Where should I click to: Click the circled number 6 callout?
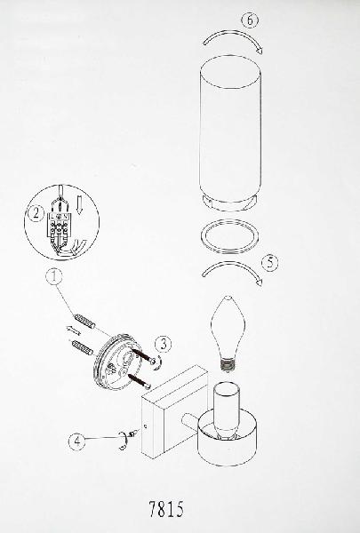pos(250,20)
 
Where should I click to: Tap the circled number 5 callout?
pos(270,263)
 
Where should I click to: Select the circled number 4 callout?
pos(77,442)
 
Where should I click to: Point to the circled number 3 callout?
pos(164,345)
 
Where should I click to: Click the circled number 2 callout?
pos(36,214)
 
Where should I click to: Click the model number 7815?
pos(166,509)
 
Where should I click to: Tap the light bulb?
pos(228,334)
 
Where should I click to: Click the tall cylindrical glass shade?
pos(230,133)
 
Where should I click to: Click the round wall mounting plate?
pos(116,360)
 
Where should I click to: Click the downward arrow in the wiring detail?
pos(80,206)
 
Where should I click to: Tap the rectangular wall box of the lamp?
pos(175,411)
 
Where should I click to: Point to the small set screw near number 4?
pos(134,433)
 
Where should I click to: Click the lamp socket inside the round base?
pos(227,410)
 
